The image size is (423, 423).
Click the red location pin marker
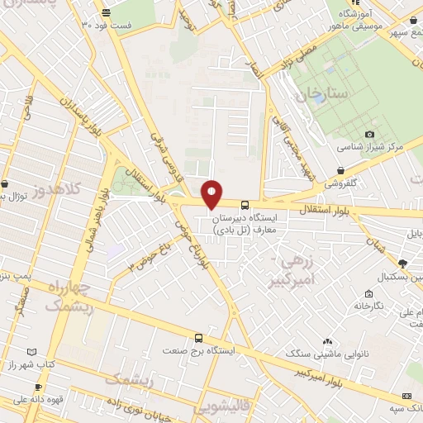click(x=212, y=193)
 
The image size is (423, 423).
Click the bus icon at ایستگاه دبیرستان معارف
click(x=245, y=206)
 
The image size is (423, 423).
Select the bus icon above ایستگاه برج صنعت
click(x=198, y=338)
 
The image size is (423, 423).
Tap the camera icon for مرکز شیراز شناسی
click(x=369, y=134)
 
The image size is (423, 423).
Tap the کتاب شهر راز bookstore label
click(x=38, y=364)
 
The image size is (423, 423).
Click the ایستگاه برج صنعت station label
click(x=199, y=350)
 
